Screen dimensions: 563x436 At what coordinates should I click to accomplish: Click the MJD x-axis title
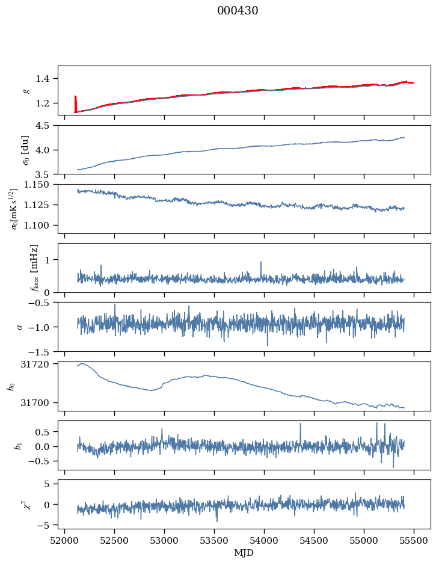(244, 553)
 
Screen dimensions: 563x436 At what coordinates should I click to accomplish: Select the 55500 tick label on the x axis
(414, 541)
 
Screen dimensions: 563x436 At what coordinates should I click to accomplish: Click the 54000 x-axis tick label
(265, 541)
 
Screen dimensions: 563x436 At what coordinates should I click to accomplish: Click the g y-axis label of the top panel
(25, 90)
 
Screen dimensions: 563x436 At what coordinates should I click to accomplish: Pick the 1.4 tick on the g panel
(46, 79)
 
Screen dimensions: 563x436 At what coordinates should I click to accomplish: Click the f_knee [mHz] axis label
(35, 268)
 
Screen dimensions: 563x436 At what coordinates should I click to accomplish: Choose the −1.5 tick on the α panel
(43, 351)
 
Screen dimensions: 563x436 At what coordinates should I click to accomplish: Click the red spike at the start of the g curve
(75, 102)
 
